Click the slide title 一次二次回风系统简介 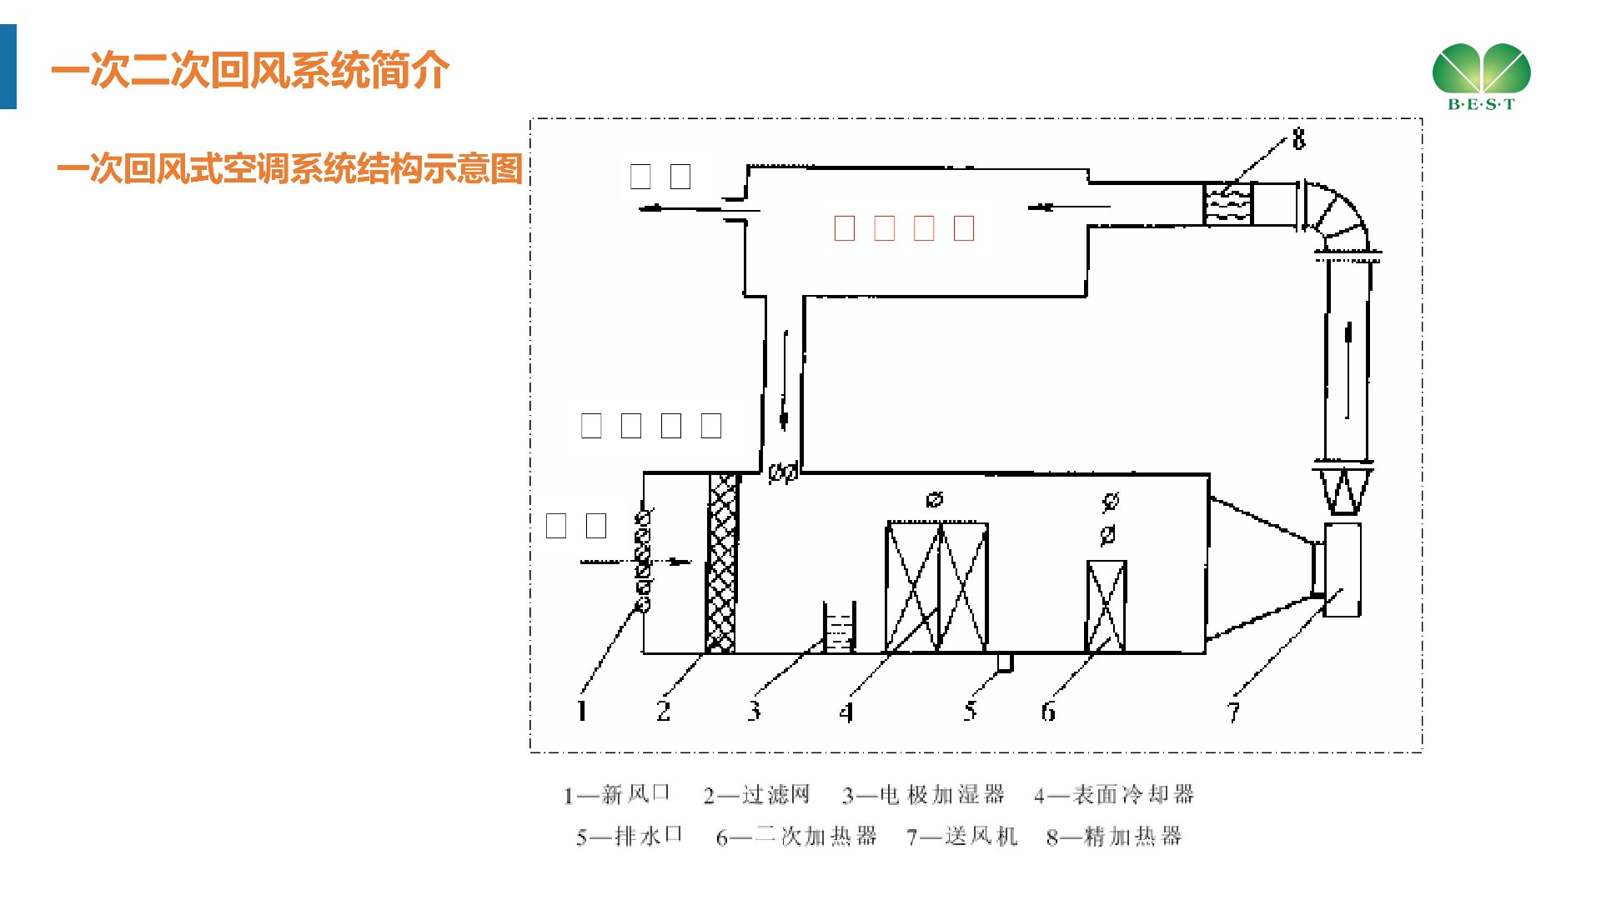click(250, 70)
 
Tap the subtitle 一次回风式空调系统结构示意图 click(289, 169)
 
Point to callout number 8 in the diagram click(1298, 139)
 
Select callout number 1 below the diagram click(582, 711)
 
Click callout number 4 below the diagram click(846, 712)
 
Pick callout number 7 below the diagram click(1233, 712)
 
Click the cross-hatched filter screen click(722, 563)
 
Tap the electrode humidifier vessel click(839, 627)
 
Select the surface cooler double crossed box click(937, 587)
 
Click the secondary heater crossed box click(1107, 606)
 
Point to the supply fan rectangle click(1342, 570)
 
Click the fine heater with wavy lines click(1227, 204)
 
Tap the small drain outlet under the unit click(1005, 662)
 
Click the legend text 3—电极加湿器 click(923, 795)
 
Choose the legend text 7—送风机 click(961, 836)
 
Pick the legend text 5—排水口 click(630, 836)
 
